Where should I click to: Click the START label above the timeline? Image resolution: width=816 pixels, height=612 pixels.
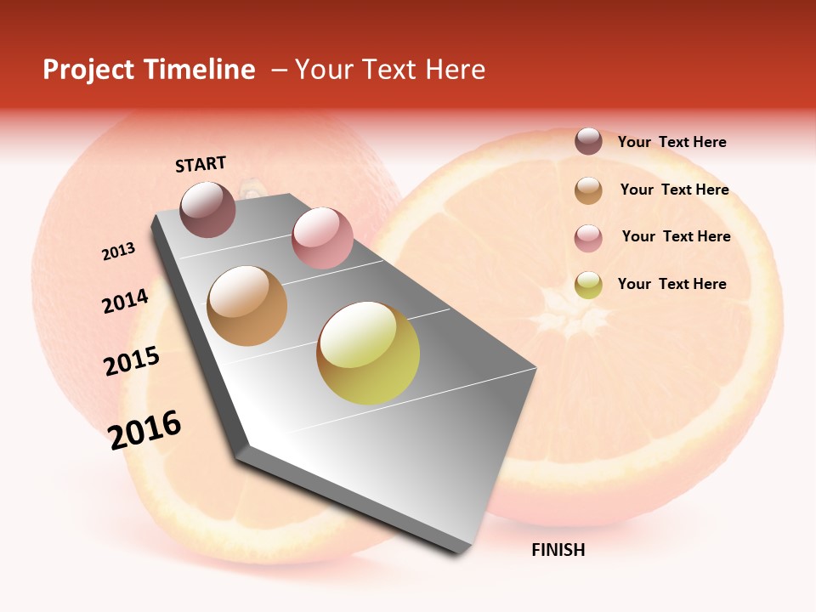click(x=201, y=164)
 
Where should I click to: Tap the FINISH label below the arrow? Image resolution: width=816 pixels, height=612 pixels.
click(x=558, y=550)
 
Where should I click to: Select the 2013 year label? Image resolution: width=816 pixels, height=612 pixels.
click(x=118, y=252)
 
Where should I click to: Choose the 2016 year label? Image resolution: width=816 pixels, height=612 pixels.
click(x=144, y=430)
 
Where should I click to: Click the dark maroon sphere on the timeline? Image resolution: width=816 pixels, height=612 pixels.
click(x=208, y=209)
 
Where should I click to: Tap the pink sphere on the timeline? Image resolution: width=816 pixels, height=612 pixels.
click(x=322, y=237)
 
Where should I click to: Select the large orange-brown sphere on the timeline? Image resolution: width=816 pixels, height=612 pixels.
click(x=247, y=306)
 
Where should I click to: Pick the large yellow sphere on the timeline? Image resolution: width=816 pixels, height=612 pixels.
click(x=368, y=353)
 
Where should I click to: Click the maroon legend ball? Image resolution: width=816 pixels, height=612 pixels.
click(x=588, y=142)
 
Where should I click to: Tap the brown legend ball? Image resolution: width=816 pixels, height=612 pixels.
click(x=588, y=190)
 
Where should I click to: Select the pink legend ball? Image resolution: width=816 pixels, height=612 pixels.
click(x=588, y=238)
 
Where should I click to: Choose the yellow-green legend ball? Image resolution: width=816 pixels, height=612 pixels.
click(x=588, y=285)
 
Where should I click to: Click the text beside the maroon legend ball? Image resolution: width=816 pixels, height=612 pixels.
click(x=671, y=142)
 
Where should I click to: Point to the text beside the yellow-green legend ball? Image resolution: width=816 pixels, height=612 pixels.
click(x=671, y=284)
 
